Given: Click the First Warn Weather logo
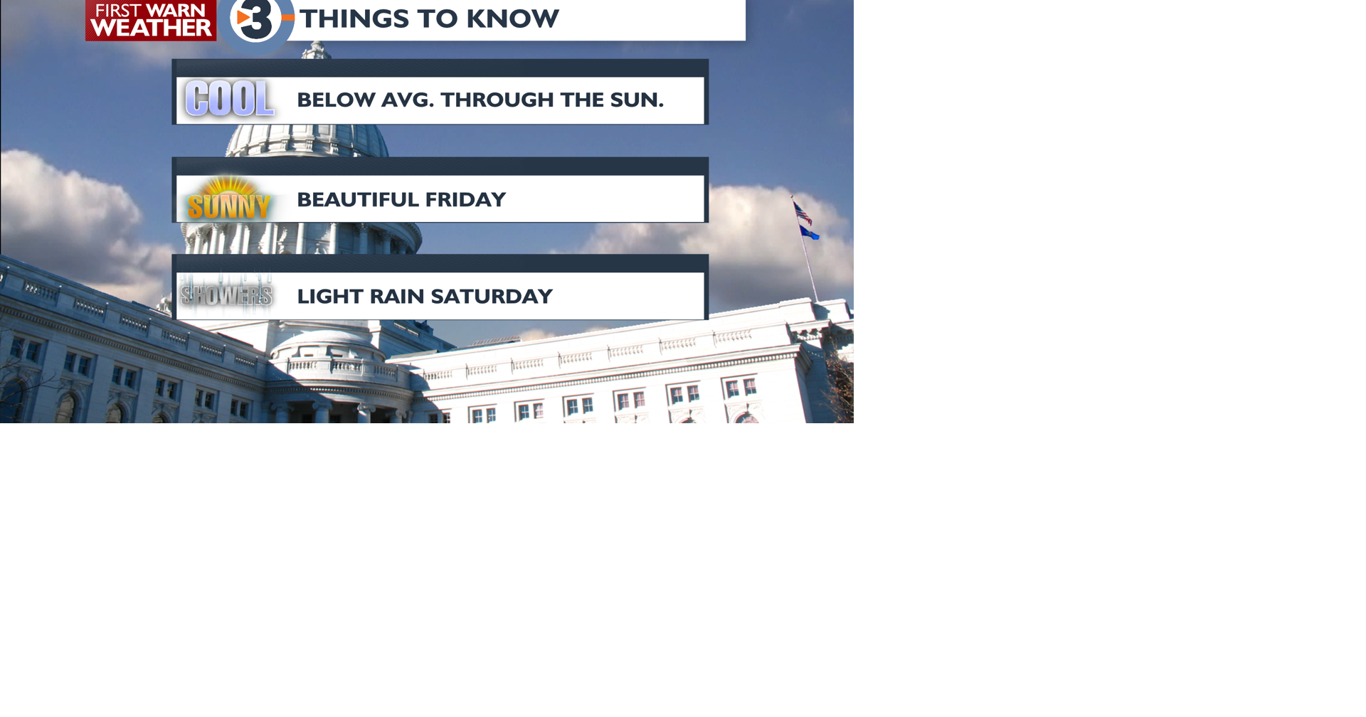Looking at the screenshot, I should coord(151,20).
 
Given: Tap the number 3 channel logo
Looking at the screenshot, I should coord(256,20).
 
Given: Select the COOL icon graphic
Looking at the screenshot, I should coord(229,99).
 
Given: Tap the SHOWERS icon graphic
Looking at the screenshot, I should coord(226,294).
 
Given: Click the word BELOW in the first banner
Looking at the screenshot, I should coord(336,100).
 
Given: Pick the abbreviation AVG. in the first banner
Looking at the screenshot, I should coord(408,100).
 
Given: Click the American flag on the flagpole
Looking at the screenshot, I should coord(803,213).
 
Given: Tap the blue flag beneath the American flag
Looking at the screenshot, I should coord(809,233).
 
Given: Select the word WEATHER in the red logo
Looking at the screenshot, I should coord(151,28).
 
